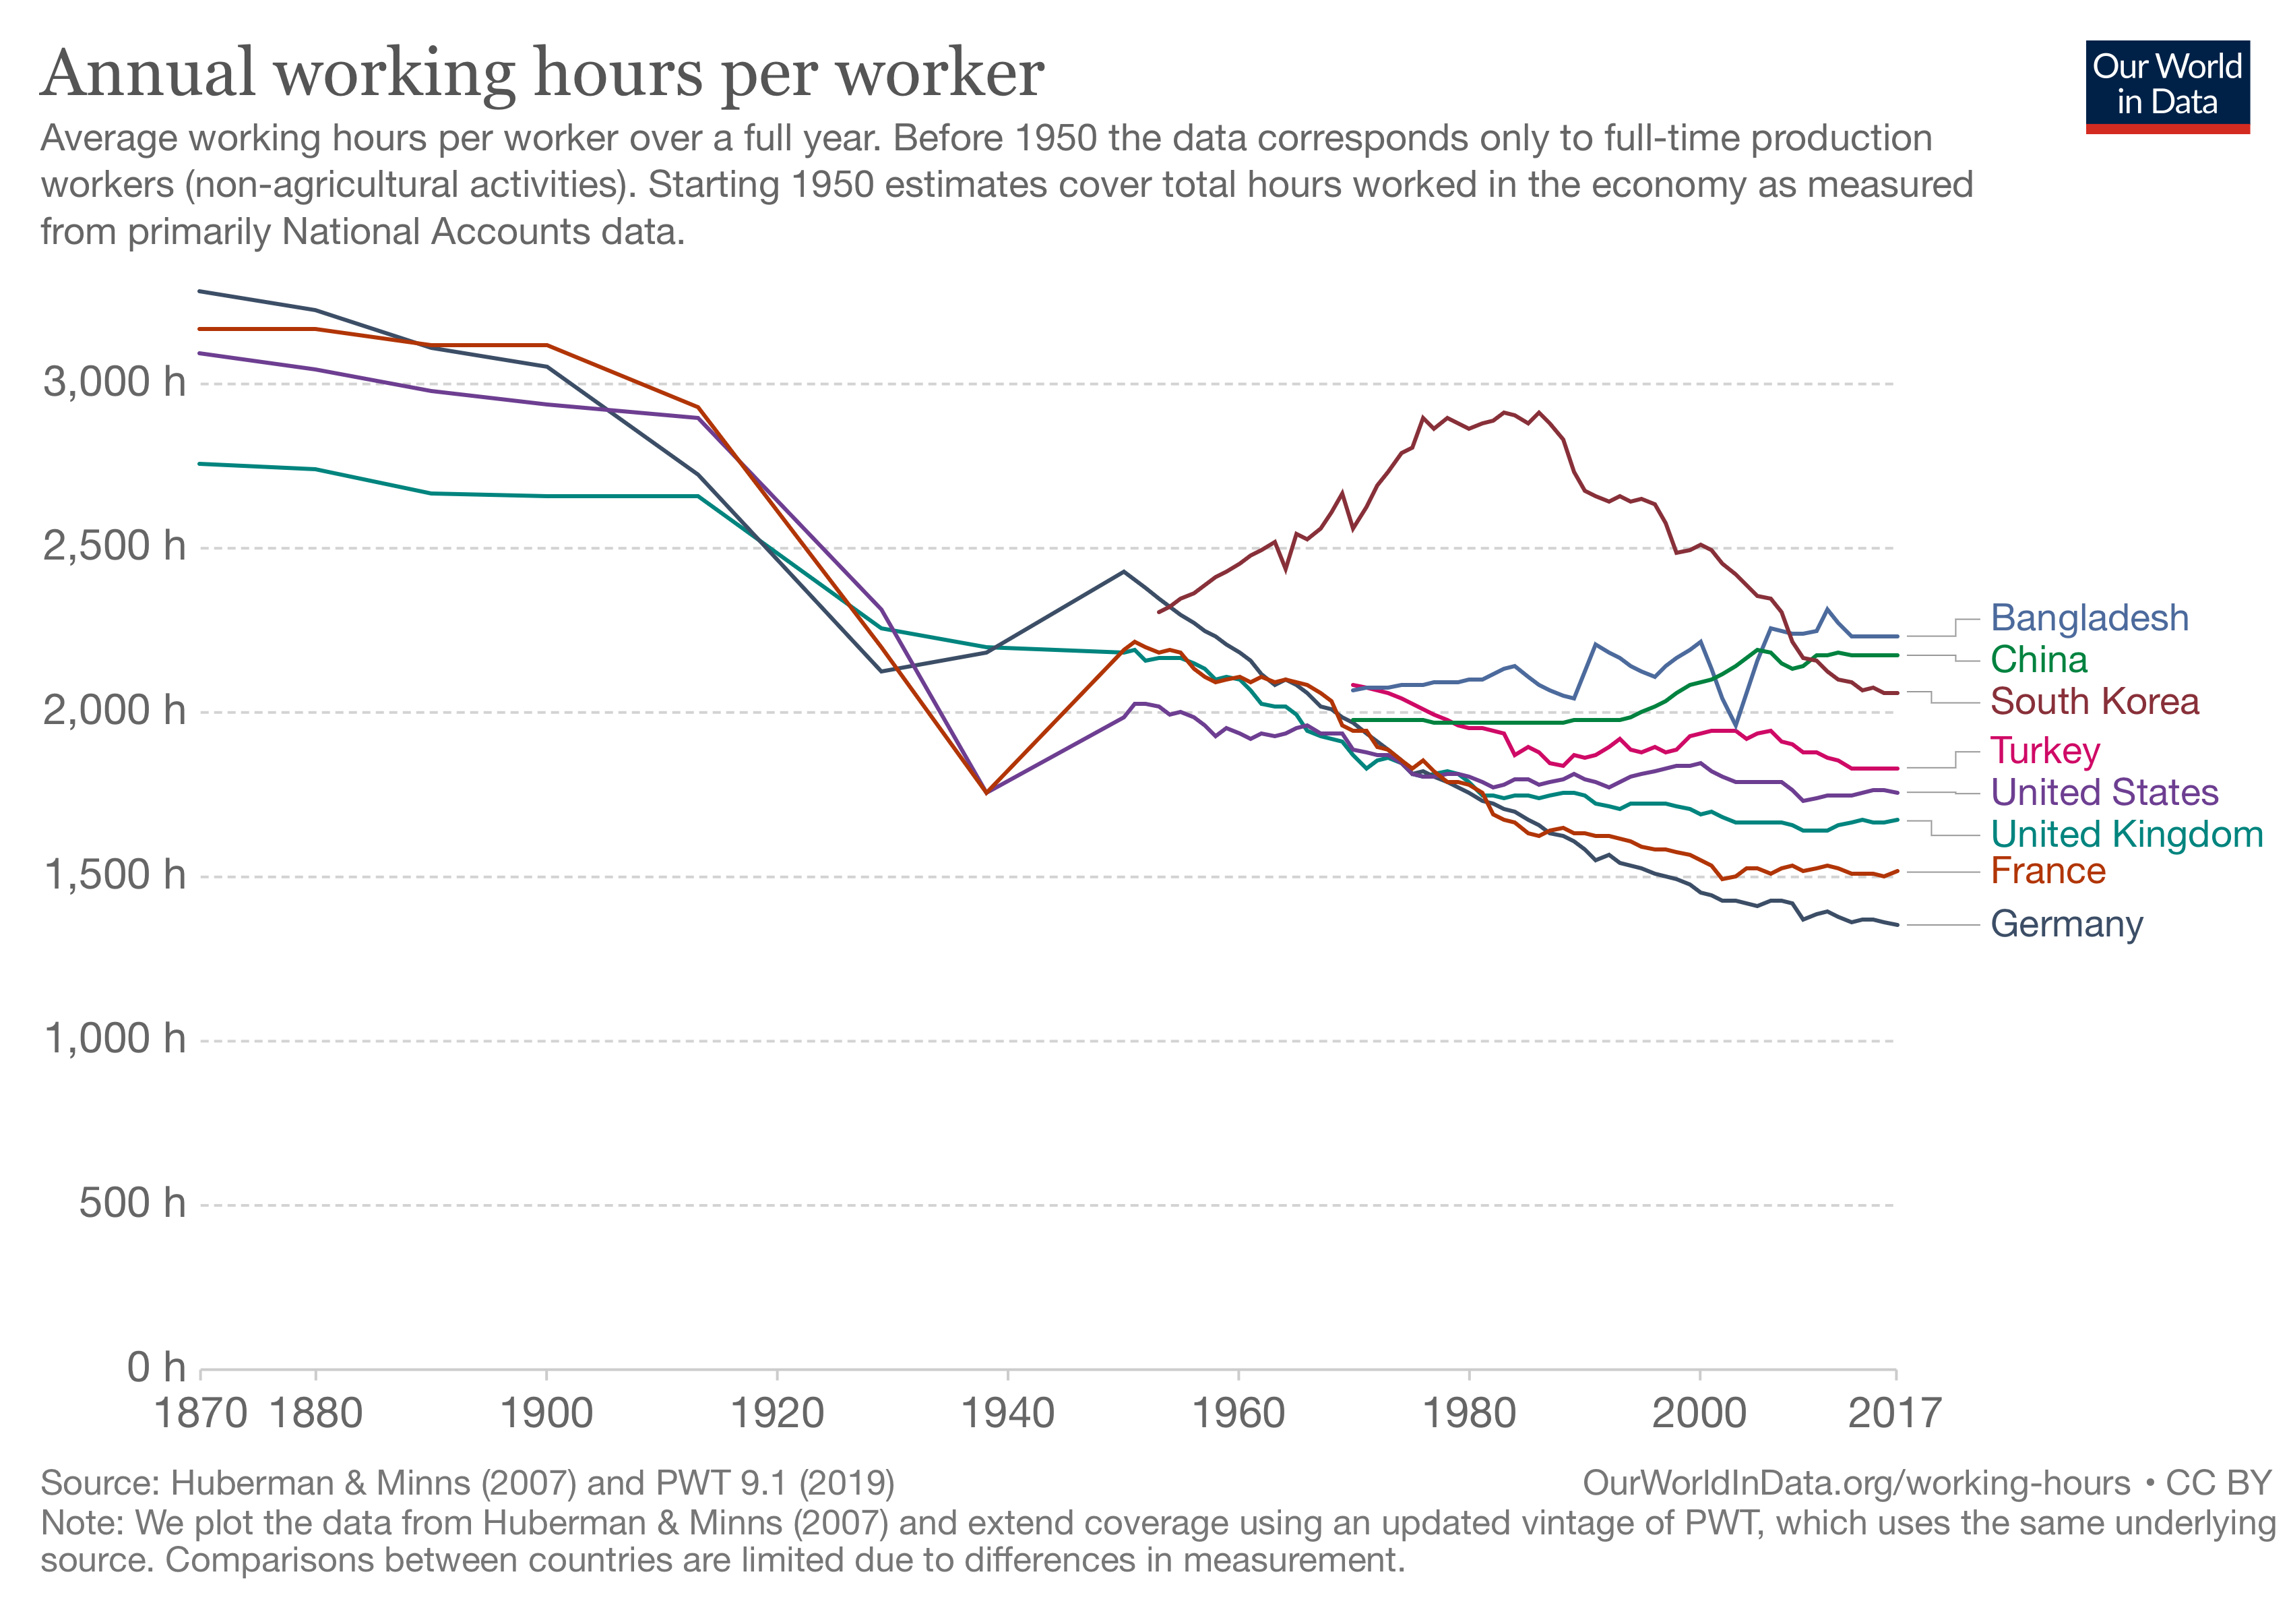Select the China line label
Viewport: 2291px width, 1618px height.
[x=2038, y=660]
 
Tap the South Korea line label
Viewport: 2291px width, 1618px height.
[x=2094, y=702]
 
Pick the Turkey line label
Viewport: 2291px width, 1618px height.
[x=2044, y=750]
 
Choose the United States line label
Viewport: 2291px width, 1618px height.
[x=2104, y=793]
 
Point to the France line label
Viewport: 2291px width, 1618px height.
[x=2048, y=872]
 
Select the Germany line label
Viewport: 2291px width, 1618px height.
[x=2065, y=924]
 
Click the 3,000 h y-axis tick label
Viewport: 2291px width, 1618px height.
[x=115, y=382]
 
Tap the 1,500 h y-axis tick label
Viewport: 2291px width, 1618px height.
[x=115, y=875]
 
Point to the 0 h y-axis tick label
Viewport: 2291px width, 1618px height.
[x=156, y=1367]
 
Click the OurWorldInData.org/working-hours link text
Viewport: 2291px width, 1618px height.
[x=1856, y=1483]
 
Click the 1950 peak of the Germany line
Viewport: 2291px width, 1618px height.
[x=1123, y=572]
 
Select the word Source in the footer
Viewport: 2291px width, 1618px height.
[x=95, y=1483]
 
